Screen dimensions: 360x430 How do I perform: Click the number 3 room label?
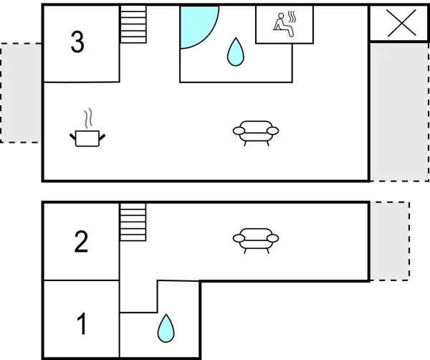[77, 43]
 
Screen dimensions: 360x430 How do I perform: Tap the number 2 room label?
[81, 242]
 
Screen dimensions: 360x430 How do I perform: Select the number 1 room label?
[82, 324]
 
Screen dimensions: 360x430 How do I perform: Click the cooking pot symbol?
[89, 137]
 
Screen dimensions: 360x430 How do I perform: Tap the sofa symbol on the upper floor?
[256, 133]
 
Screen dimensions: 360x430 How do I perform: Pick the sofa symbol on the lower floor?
[256, 239]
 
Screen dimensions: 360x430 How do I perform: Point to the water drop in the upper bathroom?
[234, 52]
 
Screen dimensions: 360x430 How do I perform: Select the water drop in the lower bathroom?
[166, 328]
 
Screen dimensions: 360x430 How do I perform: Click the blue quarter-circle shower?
[194, 24]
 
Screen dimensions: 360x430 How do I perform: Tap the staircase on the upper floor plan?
[133, 25]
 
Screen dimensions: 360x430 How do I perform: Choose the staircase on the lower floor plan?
[133, 222]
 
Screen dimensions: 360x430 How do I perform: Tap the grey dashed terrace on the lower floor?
[389, 241]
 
